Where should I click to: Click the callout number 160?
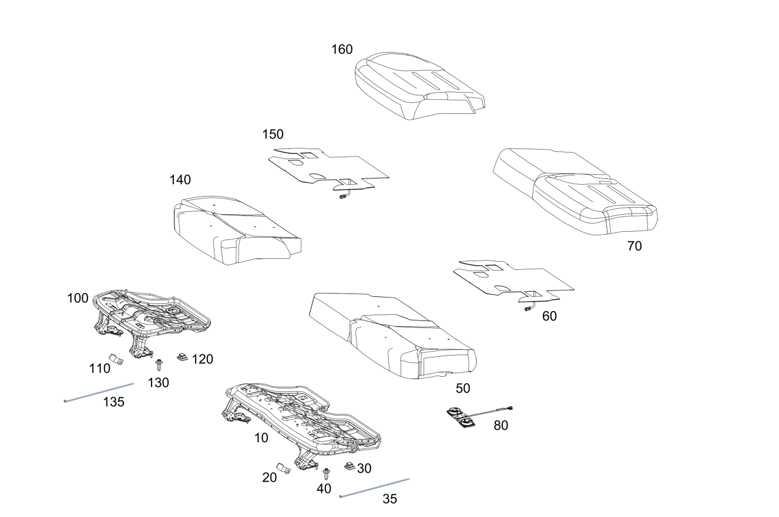click(342, 49)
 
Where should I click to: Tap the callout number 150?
click(273, 135)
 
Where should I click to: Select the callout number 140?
click(180, 180)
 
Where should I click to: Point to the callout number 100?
click(78, 298)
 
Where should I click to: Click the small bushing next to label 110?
click(115, 359)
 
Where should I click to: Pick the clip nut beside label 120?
click(182, 356)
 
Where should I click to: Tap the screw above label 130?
click(159, 364)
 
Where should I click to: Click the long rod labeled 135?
click(99, 393)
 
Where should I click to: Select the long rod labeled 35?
click(374, 488)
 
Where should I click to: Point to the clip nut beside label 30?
click(349, 467)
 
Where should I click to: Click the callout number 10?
click(261, 438)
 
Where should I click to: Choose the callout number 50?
click(463, 388)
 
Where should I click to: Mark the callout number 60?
click(549, 316)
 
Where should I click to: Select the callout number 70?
click(634, 246)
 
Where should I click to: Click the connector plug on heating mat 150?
click(342, 198)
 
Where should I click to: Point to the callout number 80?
click(501, 425)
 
